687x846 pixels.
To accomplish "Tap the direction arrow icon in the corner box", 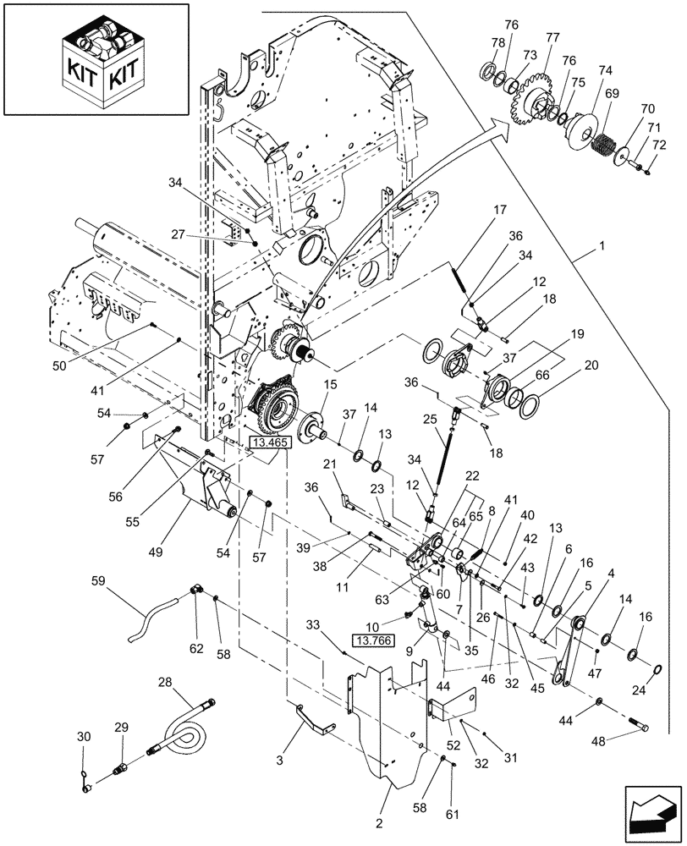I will pyautogui.click(x=653, y=814).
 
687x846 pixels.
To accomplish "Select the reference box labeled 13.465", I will pyautogui.click(x=268, y=441).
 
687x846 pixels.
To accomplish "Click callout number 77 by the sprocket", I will pyautogui.click(x=552, y=38).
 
